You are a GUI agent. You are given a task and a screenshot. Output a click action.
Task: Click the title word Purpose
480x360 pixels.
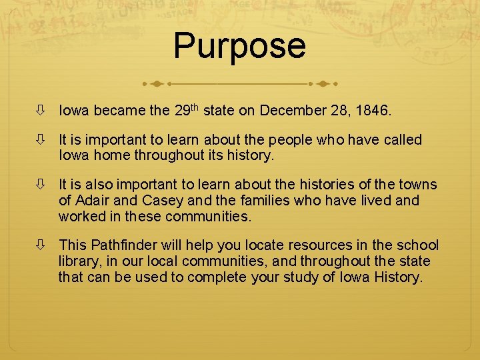point(239,46)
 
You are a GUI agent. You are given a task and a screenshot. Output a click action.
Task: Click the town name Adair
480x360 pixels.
point(95,200)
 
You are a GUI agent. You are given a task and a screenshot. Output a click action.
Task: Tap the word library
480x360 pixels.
point(79,261)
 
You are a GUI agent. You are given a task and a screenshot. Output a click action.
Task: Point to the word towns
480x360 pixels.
point(417,185)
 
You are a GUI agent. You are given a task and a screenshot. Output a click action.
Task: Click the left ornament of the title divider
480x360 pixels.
point(155,85)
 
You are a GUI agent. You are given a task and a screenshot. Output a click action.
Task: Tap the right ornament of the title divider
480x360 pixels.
point(325,85)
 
